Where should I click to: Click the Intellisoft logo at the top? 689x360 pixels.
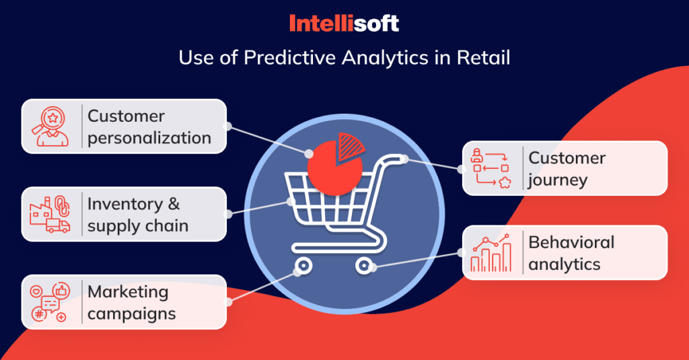coord(344,24)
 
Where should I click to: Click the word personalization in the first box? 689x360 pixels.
coord(149,138)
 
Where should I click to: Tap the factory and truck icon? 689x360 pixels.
coord(50,214)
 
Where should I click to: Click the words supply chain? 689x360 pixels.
coord(137,225)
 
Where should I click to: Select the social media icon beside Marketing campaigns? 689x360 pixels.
coord(50,302)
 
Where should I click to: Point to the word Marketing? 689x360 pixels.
coord(127,292)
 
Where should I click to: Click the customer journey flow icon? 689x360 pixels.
coord(491,168)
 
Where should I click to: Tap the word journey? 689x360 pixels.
coord(558,180)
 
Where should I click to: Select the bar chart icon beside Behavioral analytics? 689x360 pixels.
coord(491,252)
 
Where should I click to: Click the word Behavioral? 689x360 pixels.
coord(571,242)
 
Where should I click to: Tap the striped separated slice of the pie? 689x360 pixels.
coord(349,144)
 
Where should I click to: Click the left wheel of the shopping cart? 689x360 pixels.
coord(303,265)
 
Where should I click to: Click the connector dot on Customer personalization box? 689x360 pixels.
coord(227,126)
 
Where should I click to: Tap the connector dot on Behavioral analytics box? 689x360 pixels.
coord(462,252)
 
